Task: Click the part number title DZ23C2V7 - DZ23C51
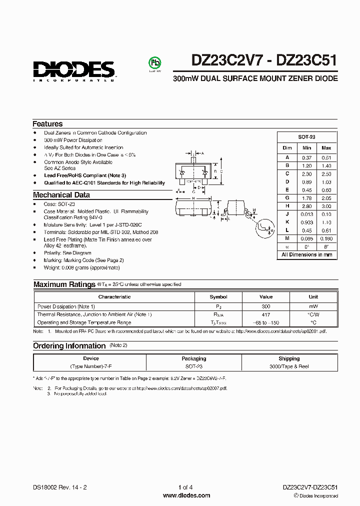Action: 264,60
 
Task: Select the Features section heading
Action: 47,124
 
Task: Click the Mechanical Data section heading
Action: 61,195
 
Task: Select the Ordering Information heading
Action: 69,346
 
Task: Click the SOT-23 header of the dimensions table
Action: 306,137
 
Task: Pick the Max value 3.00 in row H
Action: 326,205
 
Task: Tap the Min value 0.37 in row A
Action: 306,157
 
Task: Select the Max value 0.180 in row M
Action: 326,238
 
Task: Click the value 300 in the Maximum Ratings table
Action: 266,306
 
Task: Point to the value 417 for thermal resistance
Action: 266,314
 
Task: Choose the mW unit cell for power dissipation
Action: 313,306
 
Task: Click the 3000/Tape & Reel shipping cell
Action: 289,366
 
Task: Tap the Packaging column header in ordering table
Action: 193,358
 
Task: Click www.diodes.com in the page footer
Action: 187,495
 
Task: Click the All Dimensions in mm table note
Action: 306,254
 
